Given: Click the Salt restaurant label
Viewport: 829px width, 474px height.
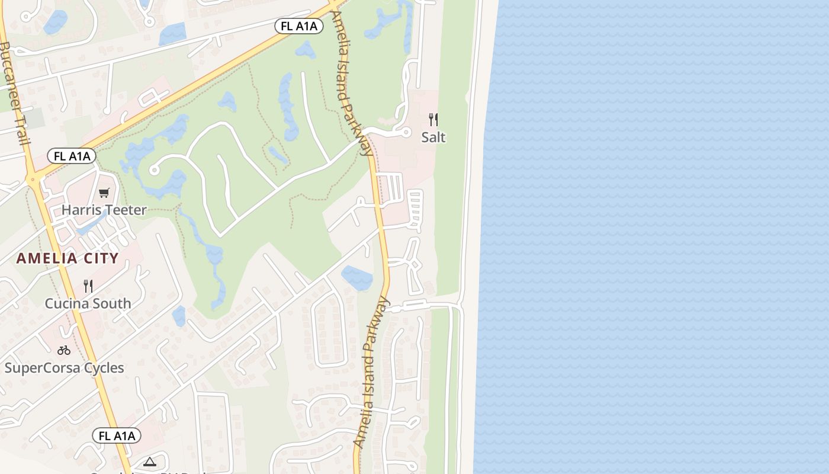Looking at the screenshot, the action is [x=433, y=137].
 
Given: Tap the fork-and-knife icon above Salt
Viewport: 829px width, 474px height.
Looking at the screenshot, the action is [x=433, y=120].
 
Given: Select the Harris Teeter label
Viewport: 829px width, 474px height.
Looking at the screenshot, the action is [x=104, y=210].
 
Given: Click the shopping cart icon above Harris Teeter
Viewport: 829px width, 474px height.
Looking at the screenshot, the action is [x=104, y=193].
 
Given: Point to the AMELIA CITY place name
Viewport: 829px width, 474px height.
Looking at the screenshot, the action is [x=68, y=258].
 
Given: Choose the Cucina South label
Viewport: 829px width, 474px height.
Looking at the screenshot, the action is [x=88, y=303].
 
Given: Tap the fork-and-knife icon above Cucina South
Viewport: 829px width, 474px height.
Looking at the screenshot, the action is [x=88, y=286].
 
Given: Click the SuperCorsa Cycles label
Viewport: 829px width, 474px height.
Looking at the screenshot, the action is [x=65, y=368].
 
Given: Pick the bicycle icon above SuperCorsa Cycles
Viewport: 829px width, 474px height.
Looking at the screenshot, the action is [x=64, y=350].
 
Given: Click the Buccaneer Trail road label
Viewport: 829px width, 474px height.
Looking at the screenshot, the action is [x=12, y=92].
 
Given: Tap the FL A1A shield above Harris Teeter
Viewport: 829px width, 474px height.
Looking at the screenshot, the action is [x=72, y=156].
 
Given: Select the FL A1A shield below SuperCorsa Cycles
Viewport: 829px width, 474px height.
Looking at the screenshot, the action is [x=117, y=436].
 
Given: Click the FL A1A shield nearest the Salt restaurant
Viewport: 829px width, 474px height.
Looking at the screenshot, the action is [x=299, y=26].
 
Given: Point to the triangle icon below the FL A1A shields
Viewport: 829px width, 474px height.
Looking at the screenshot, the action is [x=149, y=462].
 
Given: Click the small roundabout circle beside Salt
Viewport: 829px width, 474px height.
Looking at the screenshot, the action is [x=406, y=132].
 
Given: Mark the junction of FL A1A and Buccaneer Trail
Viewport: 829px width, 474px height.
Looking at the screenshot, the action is [x=34, y=177].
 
